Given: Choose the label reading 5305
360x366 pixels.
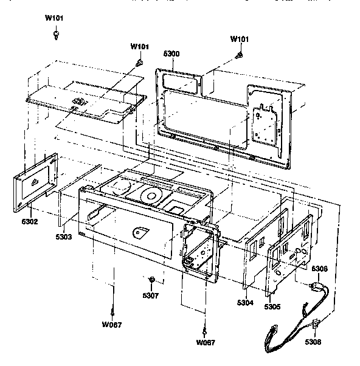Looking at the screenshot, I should [272, 307].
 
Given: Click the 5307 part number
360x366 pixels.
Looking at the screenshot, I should [151, 296].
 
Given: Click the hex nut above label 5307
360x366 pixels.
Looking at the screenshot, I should [151, 280].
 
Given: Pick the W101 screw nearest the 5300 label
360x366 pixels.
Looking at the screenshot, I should [139, 61].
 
